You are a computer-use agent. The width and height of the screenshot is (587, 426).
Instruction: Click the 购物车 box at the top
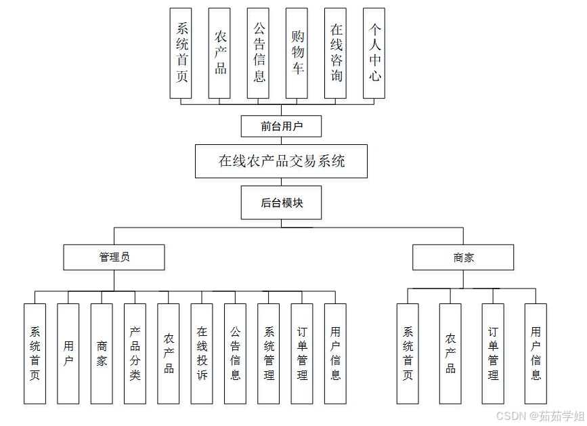click(298, 53)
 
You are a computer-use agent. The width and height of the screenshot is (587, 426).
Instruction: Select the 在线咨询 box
click(336, 53)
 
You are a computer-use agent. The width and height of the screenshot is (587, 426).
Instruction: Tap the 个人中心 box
click(374, 53)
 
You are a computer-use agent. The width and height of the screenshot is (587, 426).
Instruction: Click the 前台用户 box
click(281, 126)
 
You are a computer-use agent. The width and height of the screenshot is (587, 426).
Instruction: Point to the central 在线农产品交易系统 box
click(281, 161)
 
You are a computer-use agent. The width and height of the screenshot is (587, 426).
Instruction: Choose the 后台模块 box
click(281, 203)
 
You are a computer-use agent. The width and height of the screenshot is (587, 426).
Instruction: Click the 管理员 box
click(114, 257)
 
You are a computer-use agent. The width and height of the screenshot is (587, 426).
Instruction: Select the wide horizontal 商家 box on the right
click(464, 257)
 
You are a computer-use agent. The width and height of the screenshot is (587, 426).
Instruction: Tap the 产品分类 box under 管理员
click(135, 354)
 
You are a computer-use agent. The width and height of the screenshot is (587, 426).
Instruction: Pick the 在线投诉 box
click(202, 354)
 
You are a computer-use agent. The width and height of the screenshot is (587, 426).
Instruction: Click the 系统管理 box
click(269, 354)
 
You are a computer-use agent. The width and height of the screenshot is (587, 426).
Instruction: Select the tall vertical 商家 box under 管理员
click(102, 354)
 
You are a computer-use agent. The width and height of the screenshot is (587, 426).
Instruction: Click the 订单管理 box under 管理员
click(302, 354)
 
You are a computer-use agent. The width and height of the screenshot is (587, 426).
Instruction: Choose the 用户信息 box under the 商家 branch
click(536, 354)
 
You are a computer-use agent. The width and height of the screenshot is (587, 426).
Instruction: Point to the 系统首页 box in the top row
click(181, 53)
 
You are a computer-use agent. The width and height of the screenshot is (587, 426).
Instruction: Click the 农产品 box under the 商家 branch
click(450, 354)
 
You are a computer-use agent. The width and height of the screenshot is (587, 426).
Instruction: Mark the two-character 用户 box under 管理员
click(68, 354)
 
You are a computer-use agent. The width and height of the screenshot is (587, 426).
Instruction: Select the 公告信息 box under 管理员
click(235, 354)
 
